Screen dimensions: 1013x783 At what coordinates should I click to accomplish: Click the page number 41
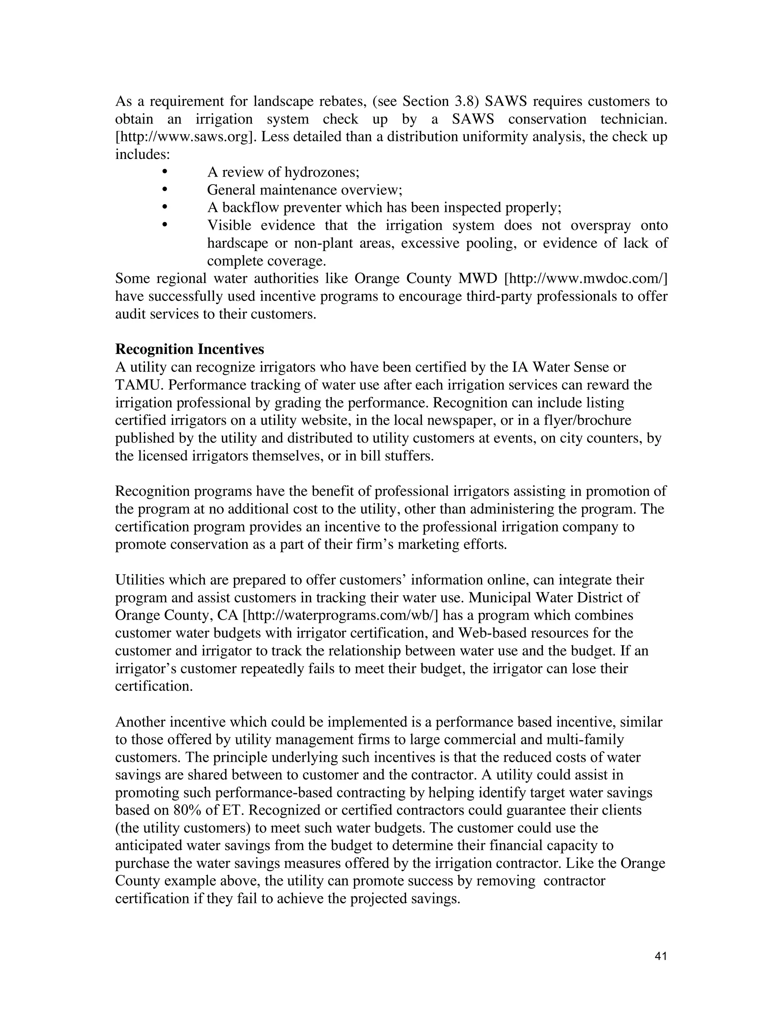coord(661,956)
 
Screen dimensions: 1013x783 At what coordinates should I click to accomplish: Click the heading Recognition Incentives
coord(189,349)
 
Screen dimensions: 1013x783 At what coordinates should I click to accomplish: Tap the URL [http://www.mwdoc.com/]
coord(585,278)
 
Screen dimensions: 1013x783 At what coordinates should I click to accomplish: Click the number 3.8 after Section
coord(466,101)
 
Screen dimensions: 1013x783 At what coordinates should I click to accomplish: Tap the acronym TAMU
coord(138,385)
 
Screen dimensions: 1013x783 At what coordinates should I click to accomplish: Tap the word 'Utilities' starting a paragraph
coord(137,580)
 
